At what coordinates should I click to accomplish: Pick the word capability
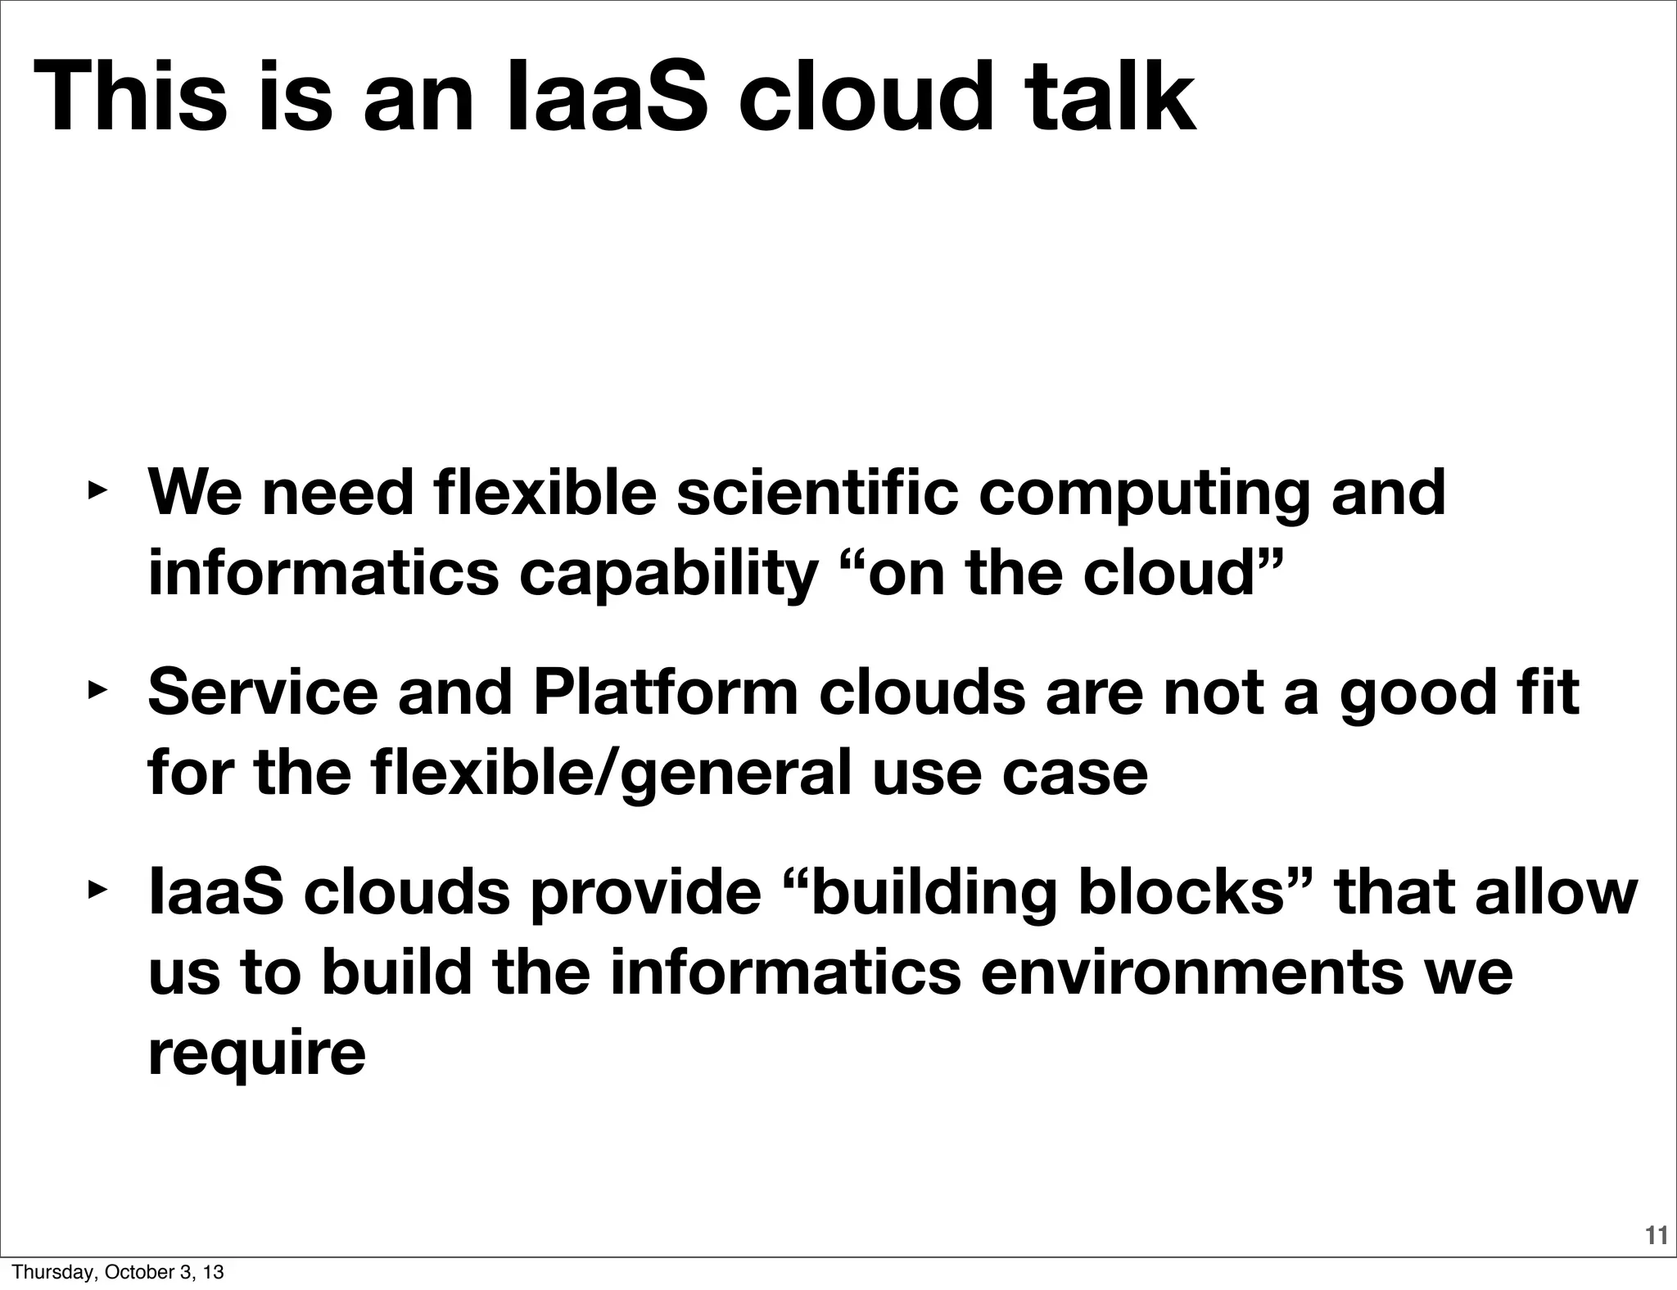tap(667, 575)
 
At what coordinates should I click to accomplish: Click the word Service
tap(263, 692)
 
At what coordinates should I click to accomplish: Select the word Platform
tap(665, 692)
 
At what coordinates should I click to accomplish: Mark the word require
tap(256, 1054)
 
